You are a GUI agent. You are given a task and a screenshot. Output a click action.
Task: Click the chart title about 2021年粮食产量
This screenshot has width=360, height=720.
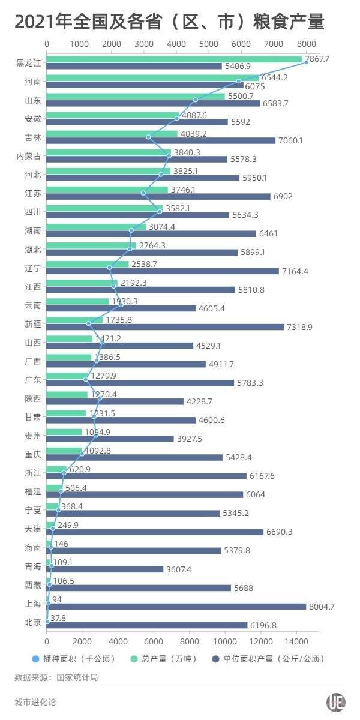[170, 23]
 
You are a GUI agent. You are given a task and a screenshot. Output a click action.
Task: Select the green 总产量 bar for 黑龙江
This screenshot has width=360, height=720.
[174, 59]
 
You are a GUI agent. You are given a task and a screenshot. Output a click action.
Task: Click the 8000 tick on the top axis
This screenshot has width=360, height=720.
[306, 44]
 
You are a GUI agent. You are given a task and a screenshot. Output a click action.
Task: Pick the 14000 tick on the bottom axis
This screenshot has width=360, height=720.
[295, 638]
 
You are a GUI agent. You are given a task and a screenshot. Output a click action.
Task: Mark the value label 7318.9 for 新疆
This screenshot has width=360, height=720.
[301, 327]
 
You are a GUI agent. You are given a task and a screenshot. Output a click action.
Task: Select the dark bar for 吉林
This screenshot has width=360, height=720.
[161, 140]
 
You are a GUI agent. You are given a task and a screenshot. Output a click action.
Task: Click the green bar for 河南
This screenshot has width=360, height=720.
[152, 77]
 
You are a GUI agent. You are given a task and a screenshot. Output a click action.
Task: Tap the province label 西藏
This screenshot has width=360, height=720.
[33, 585]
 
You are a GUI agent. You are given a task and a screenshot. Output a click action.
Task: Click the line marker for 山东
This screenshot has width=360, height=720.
[196, 100]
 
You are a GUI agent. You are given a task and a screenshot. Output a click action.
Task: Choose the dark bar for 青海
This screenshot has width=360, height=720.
[104, 569]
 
